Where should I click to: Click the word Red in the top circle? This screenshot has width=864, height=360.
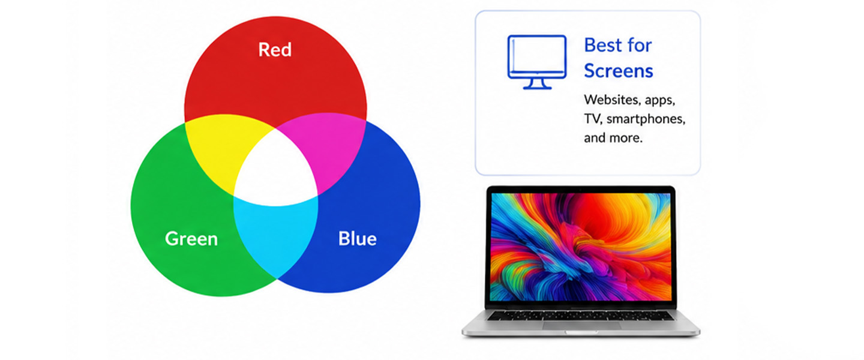275,50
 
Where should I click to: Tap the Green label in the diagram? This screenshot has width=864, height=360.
191,239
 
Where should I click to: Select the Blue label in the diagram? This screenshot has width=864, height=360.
357,238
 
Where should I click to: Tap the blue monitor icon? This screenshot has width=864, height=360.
537,62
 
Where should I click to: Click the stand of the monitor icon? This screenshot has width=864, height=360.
537,84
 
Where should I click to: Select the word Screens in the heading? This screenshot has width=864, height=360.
618,71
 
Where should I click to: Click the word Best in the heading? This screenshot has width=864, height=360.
603,45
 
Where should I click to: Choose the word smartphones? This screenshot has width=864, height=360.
646,119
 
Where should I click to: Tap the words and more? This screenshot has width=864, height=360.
613,138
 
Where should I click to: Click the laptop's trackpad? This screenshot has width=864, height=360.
581,326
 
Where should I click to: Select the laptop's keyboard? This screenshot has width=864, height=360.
581,316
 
